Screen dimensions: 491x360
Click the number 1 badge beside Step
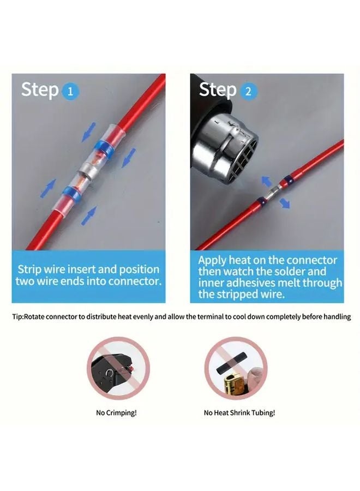(70, 91)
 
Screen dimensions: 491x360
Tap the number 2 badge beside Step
(248, 91)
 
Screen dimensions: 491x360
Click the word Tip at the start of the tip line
(17, 316)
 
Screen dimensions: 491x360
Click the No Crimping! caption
(116, 412)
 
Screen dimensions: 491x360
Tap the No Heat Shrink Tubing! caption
(239, 412)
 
